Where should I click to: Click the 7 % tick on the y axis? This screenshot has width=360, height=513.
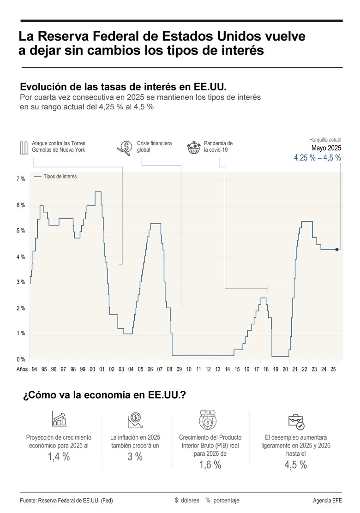21,179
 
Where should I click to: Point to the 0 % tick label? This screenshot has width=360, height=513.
21,359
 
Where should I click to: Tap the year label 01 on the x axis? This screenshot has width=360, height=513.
102,370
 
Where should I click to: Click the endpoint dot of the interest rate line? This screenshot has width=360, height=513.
337,250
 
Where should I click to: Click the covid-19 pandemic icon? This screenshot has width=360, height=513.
193,148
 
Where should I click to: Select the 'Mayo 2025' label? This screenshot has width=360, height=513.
326,148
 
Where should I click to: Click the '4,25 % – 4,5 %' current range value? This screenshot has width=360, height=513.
318,158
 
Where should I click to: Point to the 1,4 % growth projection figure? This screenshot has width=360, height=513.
59,457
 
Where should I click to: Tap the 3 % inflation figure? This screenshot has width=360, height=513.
135,457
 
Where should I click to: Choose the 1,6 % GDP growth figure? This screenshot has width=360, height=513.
210,465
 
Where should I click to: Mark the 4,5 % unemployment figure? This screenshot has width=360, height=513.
296,465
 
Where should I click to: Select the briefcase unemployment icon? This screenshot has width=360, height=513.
296,421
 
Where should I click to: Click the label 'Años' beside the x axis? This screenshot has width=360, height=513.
22,370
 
